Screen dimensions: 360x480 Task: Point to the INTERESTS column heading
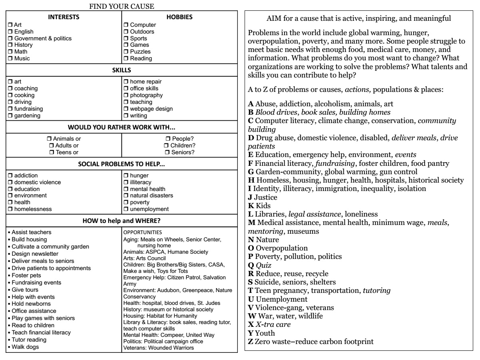tap(64, 17)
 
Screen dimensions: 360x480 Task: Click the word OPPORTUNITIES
tap(142, 231)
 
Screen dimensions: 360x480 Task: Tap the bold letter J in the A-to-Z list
tap(250, 197)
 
